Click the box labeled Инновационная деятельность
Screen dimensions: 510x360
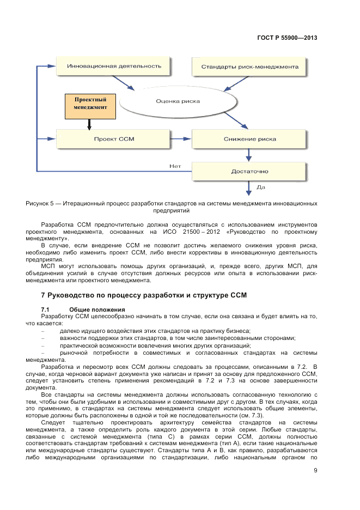click(x=114, y=66)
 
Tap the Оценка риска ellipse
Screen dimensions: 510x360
click(x=178, y=101)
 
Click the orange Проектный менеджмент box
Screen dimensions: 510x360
click(x=90, y=104)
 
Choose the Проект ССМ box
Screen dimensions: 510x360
click(x=114, y=139)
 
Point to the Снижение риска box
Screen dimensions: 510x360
click(x=249, y=139)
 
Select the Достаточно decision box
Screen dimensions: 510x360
click(x=249, y=172)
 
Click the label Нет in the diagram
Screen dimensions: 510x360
click(x=175, y=166)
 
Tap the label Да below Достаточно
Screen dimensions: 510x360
click(x=260, y=187)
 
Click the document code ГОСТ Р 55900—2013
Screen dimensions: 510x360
click(x=286, y=38)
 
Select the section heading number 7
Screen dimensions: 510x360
click(x=43, y=295)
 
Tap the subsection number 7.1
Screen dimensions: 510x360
click(x=45, y=309)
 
